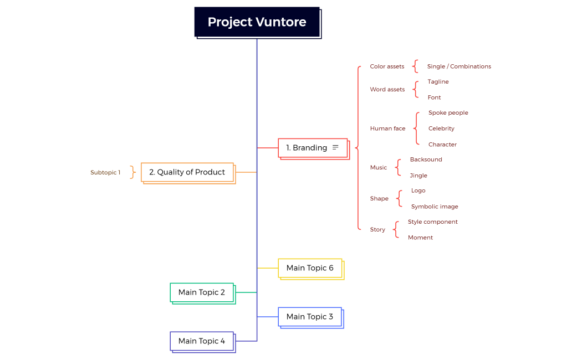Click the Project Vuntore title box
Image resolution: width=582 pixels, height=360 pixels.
[257, 22]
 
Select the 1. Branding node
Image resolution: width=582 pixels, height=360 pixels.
[307, 148]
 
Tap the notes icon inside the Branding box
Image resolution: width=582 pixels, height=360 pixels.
[335, 147]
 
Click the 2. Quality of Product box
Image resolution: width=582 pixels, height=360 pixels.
[187, 172]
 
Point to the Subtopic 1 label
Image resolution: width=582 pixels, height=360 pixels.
[105, 173]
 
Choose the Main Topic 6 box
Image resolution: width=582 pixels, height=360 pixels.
[310, 268]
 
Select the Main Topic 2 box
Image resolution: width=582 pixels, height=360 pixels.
[202, 292]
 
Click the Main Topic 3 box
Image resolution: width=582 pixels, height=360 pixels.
[310, 317]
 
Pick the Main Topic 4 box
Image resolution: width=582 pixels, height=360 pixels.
[202, 341]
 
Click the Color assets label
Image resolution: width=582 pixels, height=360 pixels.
[387, 66]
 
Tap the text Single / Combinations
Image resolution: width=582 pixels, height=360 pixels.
[459, 66]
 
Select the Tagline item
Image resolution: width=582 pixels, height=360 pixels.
[438, 82]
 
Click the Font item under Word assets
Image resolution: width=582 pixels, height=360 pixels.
[434, 97]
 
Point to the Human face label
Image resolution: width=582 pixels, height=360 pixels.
[387, 128]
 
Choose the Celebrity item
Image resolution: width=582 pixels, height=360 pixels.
[441, 128]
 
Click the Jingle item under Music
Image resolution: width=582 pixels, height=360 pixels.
[418, 176]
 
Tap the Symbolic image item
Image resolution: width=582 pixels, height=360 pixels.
[435, 207]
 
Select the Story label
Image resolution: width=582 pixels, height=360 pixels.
[377, 229]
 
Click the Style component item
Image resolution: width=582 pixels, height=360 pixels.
[433, 222]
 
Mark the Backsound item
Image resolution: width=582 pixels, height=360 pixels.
[426, 160]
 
